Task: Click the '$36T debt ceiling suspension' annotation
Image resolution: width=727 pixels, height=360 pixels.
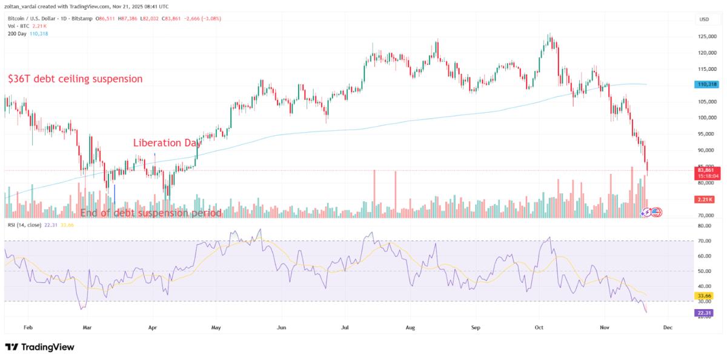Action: pyautogui.click(x=75, y=79)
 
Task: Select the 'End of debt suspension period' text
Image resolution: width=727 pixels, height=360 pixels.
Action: pyautogui.click(x=151, y=213)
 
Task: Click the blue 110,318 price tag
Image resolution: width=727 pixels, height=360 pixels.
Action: pyautogui.click(x=706, y=85)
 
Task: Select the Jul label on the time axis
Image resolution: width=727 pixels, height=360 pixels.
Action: pyautogui.click(x=346, y=327)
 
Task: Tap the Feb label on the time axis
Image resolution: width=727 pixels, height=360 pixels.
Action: pyautogui.click(x=28, y=327)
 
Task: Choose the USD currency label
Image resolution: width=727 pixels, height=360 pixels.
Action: pyautogui.click(x=704, y=19)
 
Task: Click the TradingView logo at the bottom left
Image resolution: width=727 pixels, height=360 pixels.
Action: pyautogui.click(x=39, y=347)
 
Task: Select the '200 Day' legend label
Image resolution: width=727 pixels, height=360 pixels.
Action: pyautogui.click(x=15, y=33)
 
